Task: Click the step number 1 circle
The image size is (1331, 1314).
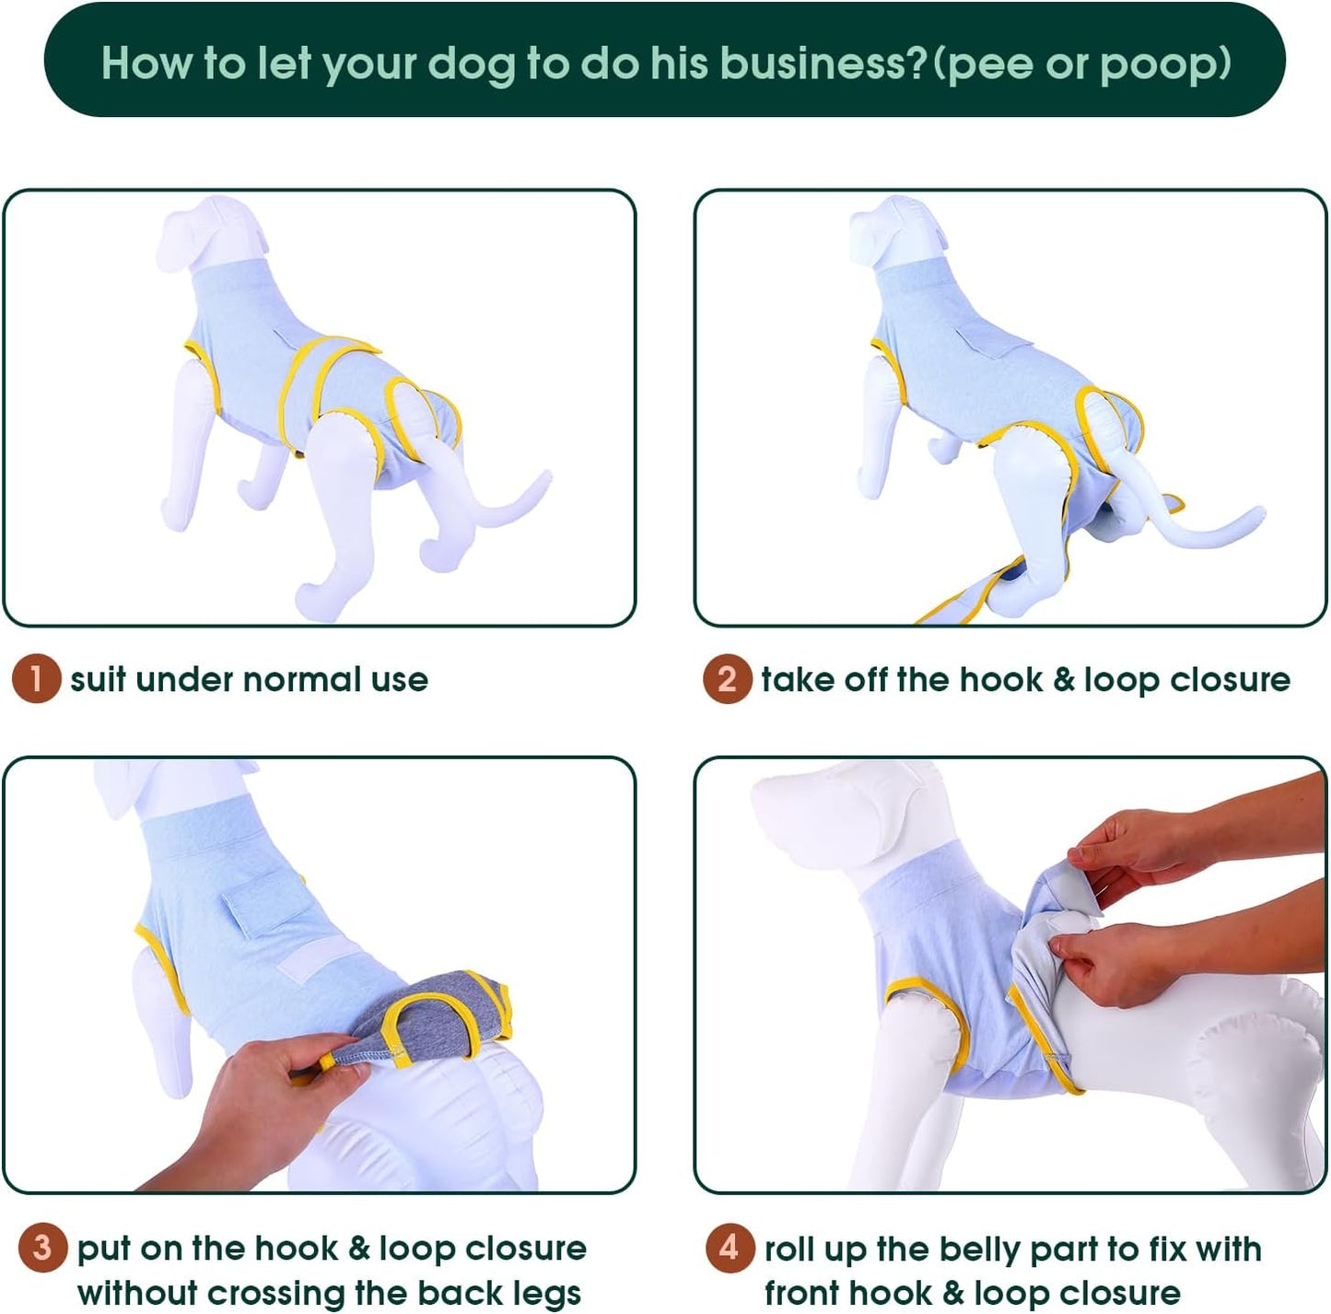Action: coord(36,679)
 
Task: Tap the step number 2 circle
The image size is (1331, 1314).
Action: coord(727,679)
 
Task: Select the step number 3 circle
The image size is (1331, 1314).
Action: coord(42,1248)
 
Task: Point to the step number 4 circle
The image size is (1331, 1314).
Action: coord(730,1248)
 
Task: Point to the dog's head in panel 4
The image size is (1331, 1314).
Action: coord(829,811)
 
